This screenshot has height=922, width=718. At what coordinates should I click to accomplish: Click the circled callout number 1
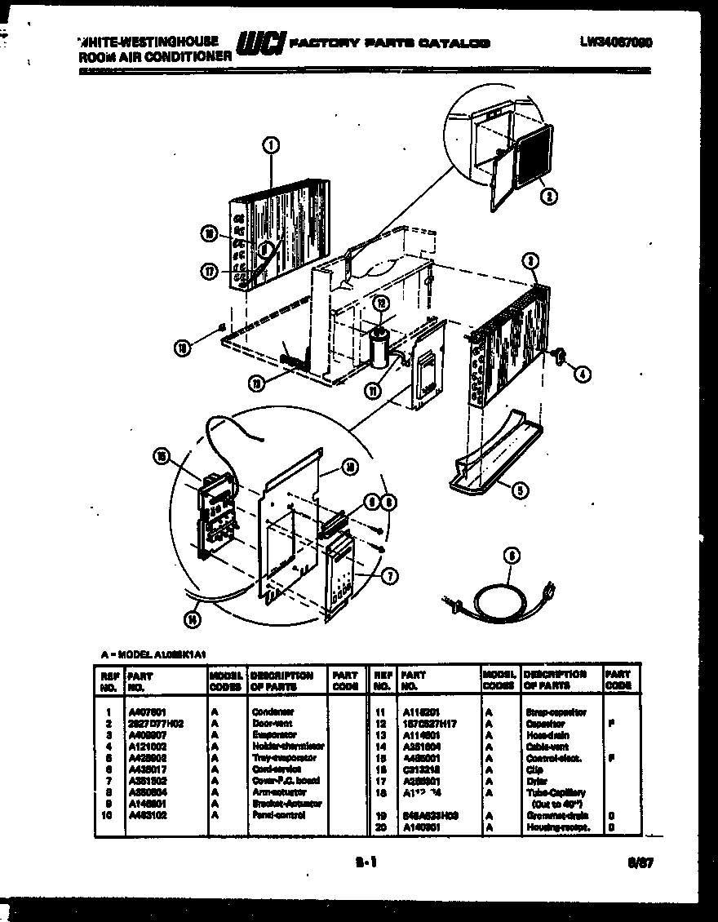coord(271,146)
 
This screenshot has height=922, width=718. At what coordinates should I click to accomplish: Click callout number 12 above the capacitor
coord(379,304)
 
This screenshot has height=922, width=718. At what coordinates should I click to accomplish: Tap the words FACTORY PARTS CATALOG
coord(390,43)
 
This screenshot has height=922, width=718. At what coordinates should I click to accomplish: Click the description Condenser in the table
coord(273,711)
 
